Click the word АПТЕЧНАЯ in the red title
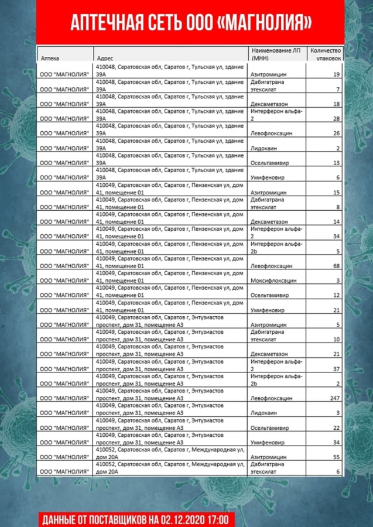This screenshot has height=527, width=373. (x=103, y=23)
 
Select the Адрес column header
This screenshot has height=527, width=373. (x=105, y=59)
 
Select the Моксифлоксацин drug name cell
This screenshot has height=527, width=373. (x=273, y=281)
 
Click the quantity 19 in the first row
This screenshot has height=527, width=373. (x=336, y=75)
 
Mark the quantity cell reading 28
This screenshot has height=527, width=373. (x=336, y=119)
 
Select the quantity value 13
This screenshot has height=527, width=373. (x=336, y=163)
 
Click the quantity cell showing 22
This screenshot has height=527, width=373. (x=336, y=427)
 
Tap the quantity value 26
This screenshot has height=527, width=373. (x=336, y=134)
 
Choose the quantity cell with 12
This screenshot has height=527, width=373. (x=336, y=296)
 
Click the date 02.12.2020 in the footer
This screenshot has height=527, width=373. (x=181, y=519)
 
